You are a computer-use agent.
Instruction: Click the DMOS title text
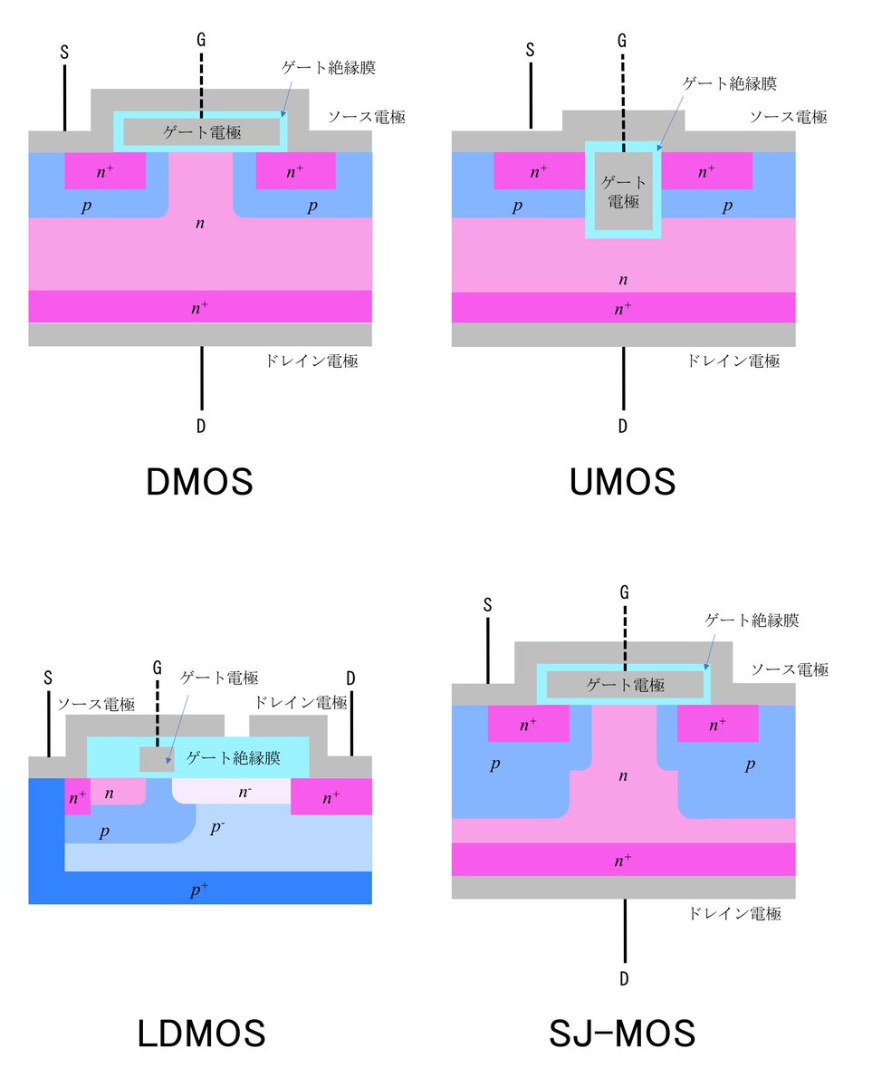[x=199, y=482]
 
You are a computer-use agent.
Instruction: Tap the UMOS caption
[x=623, y=482]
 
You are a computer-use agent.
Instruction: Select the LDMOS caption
[x=201, y=1034]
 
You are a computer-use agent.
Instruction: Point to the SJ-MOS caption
[x=623, y=1034]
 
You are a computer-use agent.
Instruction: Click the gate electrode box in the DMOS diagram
[x=200, y=132]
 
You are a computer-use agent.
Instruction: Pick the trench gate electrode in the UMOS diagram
[x=623, y=191]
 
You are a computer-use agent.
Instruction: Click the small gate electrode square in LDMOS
[x=156, y=759]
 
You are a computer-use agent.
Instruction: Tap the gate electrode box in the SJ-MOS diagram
[x=624, y=685]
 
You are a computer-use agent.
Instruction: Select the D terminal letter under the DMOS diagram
[x=201, y=426]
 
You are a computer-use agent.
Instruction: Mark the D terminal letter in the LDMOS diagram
[x=350, y=678]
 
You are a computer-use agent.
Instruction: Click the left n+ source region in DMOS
[x=105, y=170]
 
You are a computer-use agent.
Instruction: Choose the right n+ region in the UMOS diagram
[x=707, y=170]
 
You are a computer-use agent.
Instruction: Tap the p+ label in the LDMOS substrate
[x=200, y=890]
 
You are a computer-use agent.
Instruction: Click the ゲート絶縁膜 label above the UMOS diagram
[x=730, y=83]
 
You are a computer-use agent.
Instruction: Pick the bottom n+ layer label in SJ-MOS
[x=623, y=860]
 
